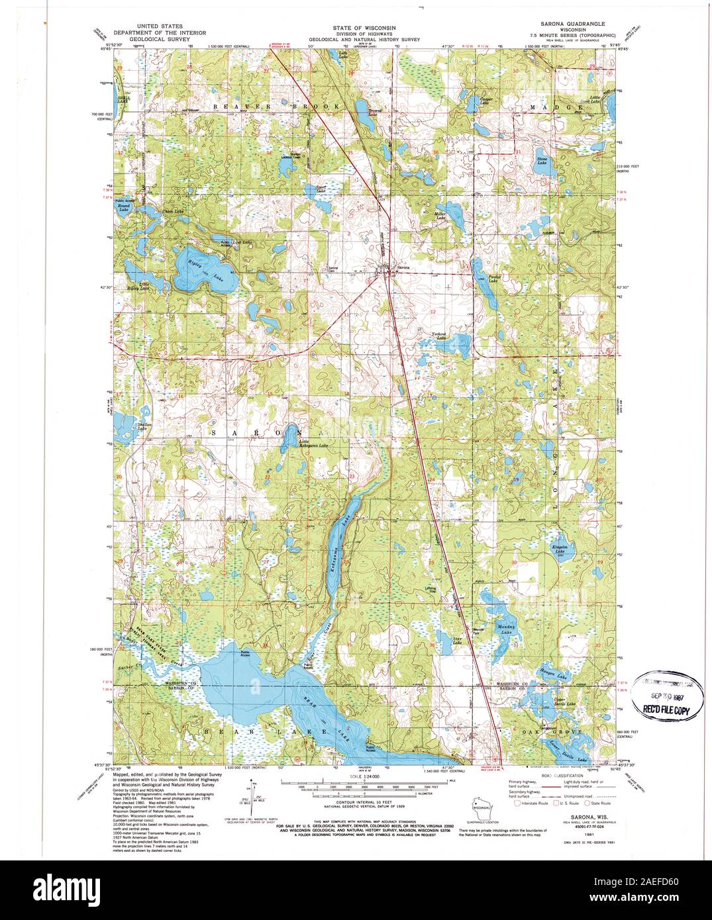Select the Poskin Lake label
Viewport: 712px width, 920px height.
pos(491,279)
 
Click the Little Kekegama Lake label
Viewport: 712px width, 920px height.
pos(313,444)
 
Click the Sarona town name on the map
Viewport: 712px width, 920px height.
pos(403,267)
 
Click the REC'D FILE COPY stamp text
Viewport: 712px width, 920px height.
pos(664,710)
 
